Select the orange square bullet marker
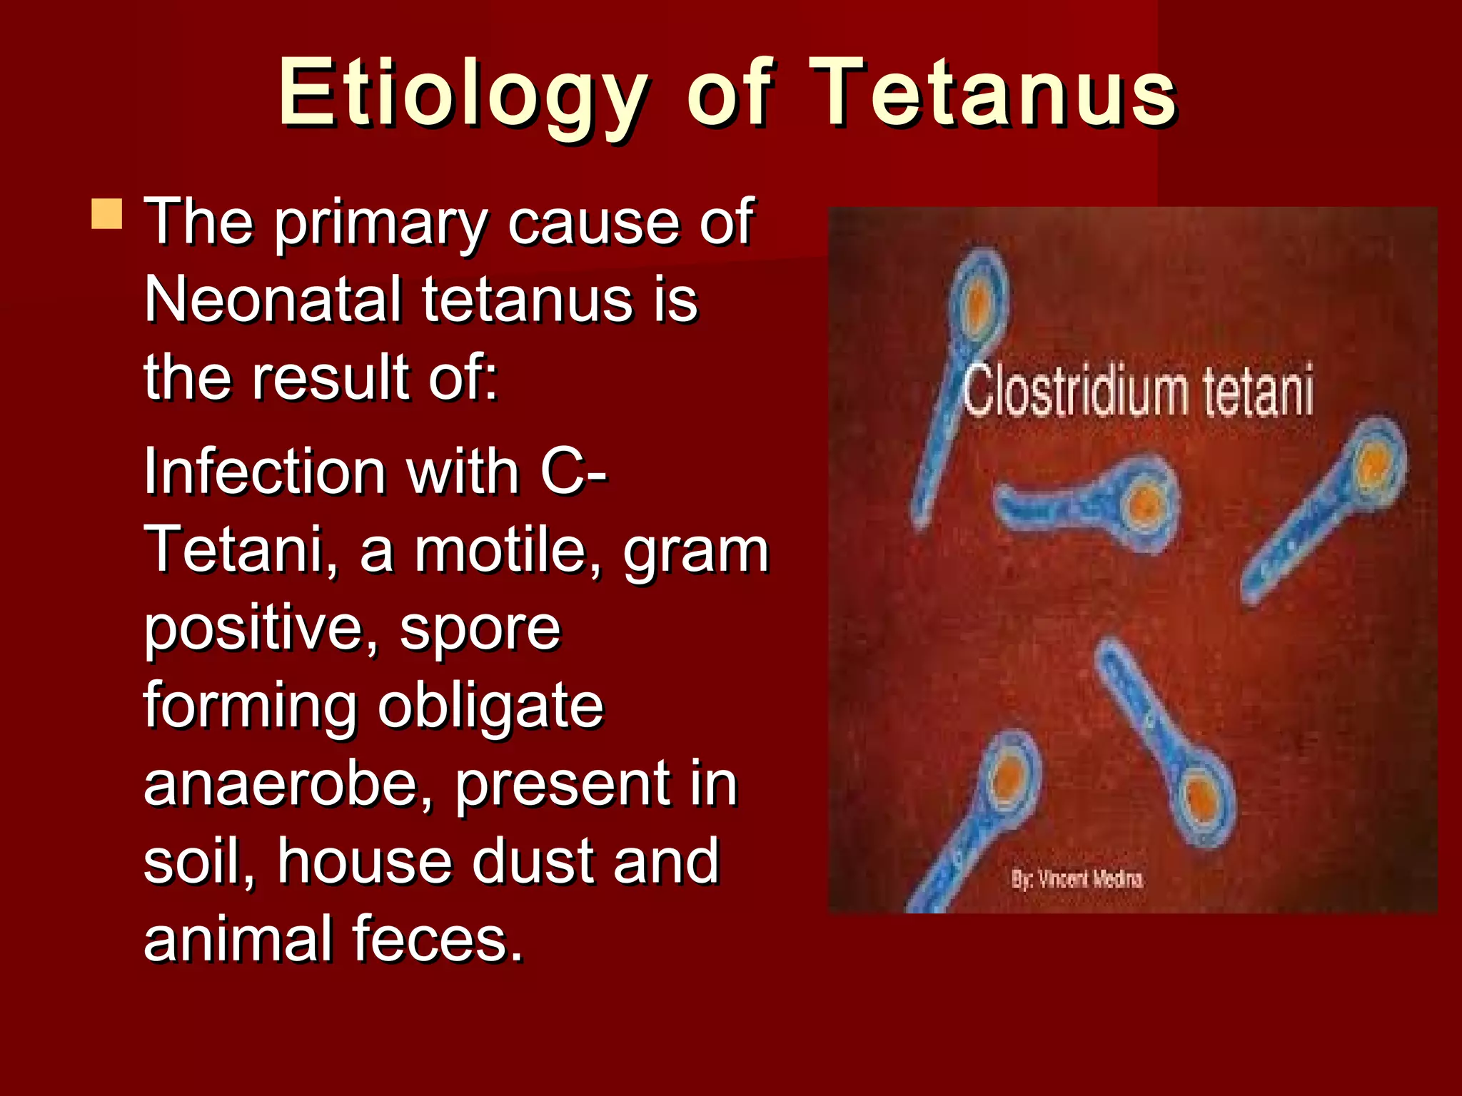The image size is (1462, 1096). pos(107,214)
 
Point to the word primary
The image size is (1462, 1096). pos(381,223)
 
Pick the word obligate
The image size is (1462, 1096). pos(491,706)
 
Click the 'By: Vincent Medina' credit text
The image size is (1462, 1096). pos(1077,879)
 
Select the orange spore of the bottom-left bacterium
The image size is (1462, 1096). pos(1009,779)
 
